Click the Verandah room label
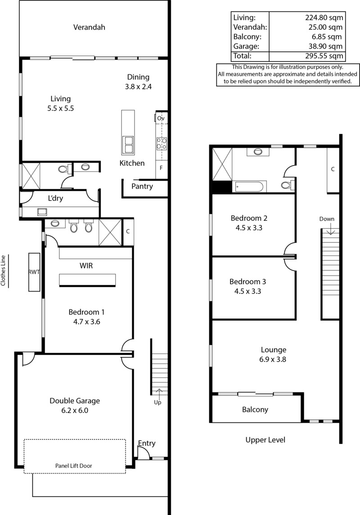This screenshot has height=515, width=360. click(89, 27)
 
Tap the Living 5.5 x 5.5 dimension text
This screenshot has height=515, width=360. click(60, 108)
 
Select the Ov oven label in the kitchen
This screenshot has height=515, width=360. click(161, 118)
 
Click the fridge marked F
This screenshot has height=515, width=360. click(161, 168)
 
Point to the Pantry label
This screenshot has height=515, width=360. click(142, 187)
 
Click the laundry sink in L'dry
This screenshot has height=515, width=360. click(42, 212)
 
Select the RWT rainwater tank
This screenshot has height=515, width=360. click(34, 272)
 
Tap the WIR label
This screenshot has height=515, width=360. click(86, 266)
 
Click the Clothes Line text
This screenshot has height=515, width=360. click(3, 271)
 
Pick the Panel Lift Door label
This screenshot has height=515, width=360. click(74, 466)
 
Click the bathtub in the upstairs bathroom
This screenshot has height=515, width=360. click(248, 187)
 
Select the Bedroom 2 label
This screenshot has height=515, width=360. click(249, 218)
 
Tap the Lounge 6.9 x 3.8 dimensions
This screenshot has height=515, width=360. click(273, 359)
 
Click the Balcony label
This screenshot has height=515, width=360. click(255, 410)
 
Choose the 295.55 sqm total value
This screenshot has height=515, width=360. click(324, 56)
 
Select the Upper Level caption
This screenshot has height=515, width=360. click(265, 440)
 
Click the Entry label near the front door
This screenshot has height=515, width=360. click(147, 443)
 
